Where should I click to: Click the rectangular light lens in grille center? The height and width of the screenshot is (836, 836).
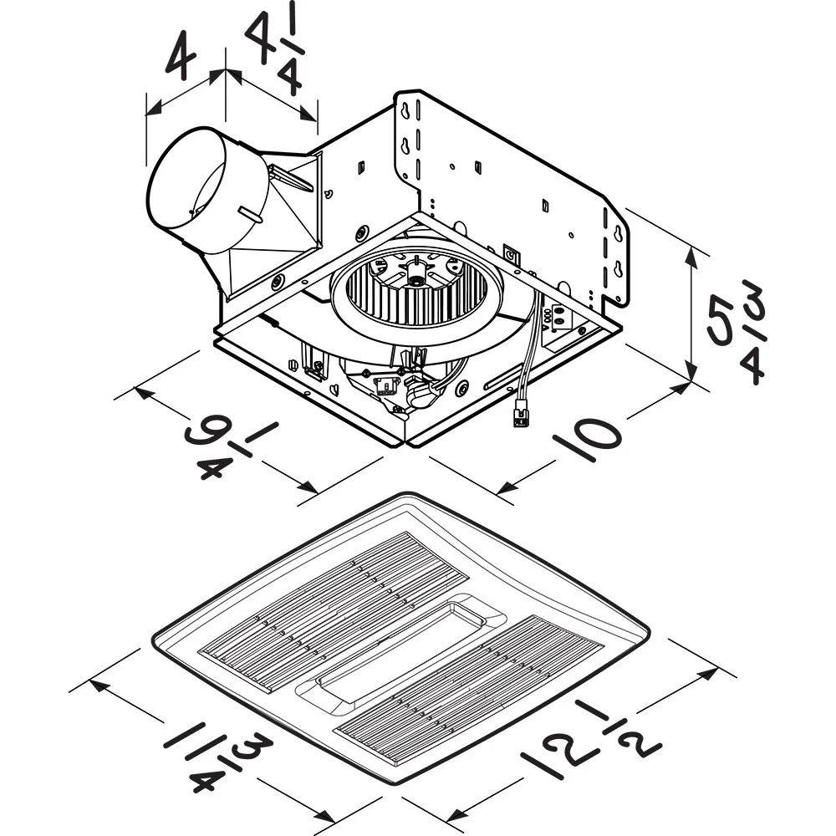point(401,648)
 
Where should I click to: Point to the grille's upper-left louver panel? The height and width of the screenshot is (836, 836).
point(334,610)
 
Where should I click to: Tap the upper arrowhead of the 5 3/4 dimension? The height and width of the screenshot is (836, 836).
point(692,251)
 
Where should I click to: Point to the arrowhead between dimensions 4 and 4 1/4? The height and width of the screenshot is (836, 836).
point(226,74)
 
